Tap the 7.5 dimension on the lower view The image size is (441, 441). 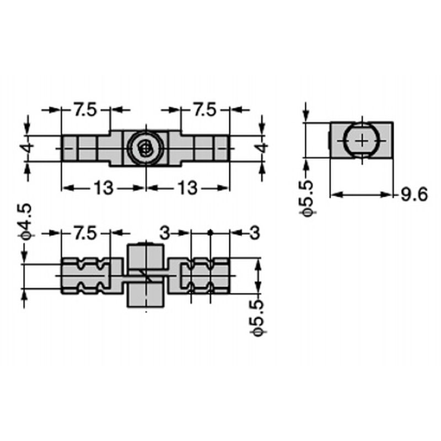pyautogui.click(x=85, y=233)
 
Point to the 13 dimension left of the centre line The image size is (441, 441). pyautogui.click(x=104, y=188)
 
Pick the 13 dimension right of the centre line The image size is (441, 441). pyautogui.click(x=187, y=188)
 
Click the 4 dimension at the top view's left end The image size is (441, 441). pyautogui.click(x=28, y=148)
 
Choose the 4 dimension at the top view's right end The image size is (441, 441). pyautogui.click(x=262, y=148)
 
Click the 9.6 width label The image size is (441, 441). pyautogui.click(x=414, y=195)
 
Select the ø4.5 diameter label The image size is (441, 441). pyautogui.click(x=26, y=222)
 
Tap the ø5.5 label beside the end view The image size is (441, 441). pyautogui.click(x=306, y=199)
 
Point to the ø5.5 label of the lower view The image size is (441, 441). pyautogui.click(x=257, y=318)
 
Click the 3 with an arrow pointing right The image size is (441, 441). pyautogui.click(x=165, y=233)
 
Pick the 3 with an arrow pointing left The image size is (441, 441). pyautogui.click(x=255, y=233)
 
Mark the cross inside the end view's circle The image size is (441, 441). pyautogui.click(x=362, y=141)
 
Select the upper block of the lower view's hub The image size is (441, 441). pyautogui.click(x=146, y=256)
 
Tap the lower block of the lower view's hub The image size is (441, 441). pyautogui.click(x=146, y=295)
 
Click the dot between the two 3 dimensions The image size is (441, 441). pyautogui.click(x=210, y=233)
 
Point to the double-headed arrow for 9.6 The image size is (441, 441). pyautogui.click(x=361, y=195)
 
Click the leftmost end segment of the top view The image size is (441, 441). pyautogui.click(x=69, y=148)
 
